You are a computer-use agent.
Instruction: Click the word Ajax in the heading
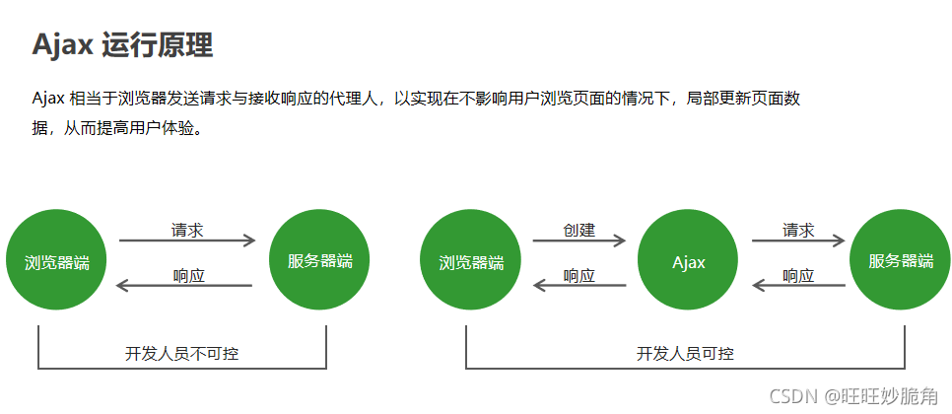click(x=62, y=44)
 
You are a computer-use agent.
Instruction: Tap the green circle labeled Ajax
click(x=689, y=262)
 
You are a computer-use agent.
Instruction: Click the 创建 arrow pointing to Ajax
click(x=579, y=241)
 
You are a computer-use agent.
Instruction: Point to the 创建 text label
click(x=579, y=230)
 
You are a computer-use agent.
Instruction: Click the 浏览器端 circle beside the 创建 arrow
click(x=470, y=262)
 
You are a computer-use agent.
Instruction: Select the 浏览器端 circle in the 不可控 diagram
click(x=56, y=262)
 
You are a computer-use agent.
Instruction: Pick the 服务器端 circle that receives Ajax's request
click(x=901, y=261)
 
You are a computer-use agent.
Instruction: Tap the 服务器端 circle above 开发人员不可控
click(x=319, y=261)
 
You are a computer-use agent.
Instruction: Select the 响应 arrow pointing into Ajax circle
click(x=798, y=286)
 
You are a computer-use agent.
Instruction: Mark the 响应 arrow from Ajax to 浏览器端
click(x=579, y=286)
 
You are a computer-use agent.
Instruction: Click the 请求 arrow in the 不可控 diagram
click(x=187, y=241)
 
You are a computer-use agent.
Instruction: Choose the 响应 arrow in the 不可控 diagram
click(x=185, y=286)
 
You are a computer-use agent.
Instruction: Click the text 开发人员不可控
click(x=182, y=353)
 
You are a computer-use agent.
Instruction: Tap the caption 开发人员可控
click(x=685, y=353)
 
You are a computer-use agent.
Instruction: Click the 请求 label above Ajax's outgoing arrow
click(x=798, y=230)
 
